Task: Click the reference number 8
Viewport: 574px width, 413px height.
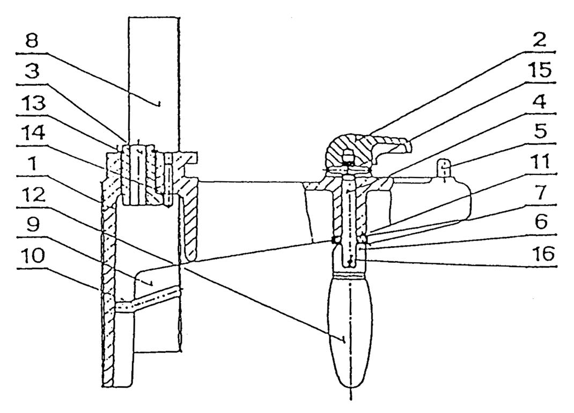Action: pos(32,41)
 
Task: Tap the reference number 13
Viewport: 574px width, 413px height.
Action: pos(32,102)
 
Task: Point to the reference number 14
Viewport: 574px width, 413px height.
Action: pos(32,134)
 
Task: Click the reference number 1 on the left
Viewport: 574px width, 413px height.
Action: pos(33,164)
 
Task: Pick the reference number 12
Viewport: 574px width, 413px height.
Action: pos(32,195)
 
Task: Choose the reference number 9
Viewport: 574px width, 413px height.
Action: pos(33,225)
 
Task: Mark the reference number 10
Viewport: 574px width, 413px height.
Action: pos(32,256)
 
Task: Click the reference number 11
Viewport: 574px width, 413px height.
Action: pos(539,161)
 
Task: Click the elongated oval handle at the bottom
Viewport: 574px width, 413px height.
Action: pos(351,332)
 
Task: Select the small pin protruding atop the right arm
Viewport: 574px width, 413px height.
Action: pos(444,168)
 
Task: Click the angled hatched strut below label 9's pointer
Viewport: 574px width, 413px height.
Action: pos(148,300)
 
